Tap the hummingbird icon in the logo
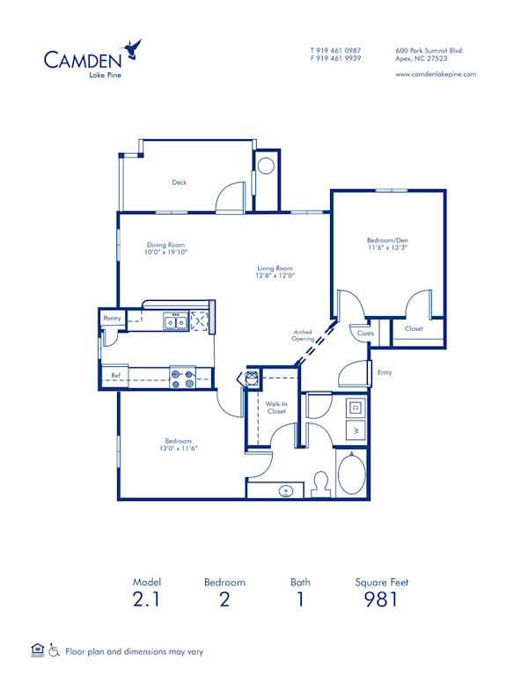pos(134,48)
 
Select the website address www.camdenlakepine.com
pos(436,74)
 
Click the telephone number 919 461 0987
pos(339,50)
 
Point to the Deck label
pos(179,183)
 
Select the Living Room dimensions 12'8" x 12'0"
pos(275,276)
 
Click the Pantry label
pos(112,318)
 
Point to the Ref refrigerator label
pos(115,376)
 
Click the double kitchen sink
pos(175,322)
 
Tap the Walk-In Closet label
pos(275,408)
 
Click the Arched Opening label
pos(304,335)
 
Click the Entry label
pos(385,372)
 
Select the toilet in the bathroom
pos(321,483)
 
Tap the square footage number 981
pos(381,600)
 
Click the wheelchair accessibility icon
pos(54,650)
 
